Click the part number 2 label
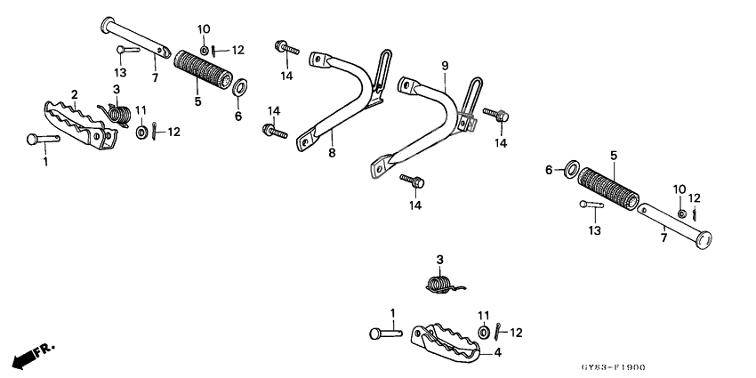[x=75, y=93]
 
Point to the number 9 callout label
[x=445, y=65]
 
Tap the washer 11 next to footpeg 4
[x=483, y=333]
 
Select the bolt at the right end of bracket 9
[x=495, y=115]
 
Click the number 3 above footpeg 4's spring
[x=438, y=259]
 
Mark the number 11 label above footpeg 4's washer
[x=484, y=316]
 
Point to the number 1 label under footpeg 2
[x=46, y=163]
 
